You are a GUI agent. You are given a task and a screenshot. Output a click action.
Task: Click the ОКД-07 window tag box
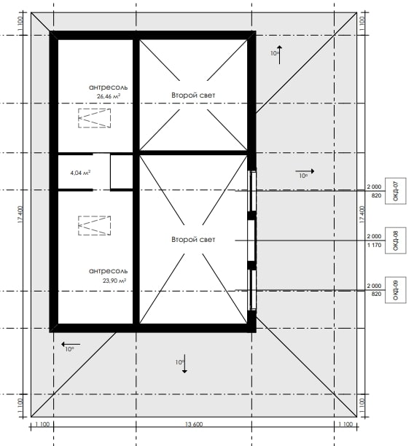tap(396, 191)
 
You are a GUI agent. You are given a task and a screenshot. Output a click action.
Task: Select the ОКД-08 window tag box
tap(396, 240)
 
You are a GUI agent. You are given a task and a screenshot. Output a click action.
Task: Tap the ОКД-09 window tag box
tap(396, 289)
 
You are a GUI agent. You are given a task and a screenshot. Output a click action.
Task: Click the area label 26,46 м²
tap(109, 96)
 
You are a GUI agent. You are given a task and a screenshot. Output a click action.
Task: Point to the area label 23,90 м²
tap(114, 281)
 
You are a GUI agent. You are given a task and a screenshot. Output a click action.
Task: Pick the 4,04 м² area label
tap(80, 173)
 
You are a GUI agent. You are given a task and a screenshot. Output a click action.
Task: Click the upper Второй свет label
tap(193, 95)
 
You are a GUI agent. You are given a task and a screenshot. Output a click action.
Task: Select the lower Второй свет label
tap(193, 240)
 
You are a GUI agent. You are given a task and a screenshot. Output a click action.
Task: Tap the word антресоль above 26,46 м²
tap(109, 87)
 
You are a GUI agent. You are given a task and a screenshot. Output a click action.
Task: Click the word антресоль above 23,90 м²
tap(109, 271)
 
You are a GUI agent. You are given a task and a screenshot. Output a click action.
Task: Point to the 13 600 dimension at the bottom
tap(194, 424)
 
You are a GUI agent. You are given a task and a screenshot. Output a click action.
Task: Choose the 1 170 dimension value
tap(374, 245)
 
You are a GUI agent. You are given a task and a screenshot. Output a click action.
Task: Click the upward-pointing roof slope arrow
tap(279, 55)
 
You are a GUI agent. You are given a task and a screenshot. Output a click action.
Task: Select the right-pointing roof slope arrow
tap(305, 171)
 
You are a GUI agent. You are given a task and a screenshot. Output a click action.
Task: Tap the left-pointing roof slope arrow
tap(71, 345)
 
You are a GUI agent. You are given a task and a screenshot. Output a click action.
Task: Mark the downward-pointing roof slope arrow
tap(184, 364)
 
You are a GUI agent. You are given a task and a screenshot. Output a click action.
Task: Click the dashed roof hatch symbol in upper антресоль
tap(95, 118)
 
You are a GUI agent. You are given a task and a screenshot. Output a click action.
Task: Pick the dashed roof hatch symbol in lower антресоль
tap(95, 226)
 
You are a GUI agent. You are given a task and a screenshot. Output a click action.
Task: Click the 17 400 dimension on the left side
tap(20, 215)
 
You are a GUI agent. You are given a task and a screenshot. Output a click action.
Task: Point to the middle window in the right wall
tap(251, 240)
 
